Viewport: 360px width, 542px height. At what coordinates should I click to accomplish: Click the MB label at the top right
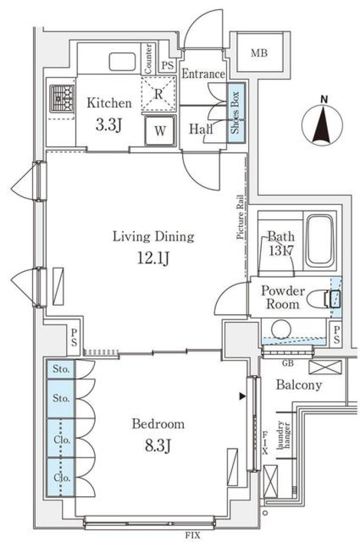pos(259,53)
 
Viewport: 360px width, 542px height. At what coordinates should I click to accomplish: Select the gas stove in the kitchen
pos(62,99)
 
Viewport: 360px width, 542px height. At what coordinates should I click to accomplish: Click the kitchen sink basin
pos(122,61)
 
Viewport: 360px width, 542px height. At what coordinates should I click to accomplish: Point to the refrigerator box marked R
pos(159,94)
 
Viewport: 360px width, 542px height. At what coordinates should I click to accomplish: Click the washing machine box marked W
pos(160,131)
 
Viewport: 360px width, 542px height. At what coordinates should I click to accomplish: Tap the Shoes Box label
pos(235,112)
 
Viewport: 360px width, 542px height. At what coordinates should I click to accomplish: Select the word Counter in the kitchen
pos(148,59)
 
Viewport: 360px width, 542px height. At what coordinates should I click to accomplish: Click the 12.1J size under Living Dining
pos(153,258)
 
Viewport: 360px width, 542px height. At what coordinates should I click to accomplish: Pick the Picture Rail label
pos(240,217)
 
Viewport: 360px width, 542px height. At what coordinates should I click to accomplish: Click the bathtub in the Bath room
pos(319,240)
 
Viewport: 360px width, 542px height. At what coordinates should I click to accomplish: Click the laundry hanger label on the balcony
pos(283,435)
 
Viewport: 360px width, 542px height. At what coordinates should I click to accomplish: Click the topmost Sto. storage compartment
pos(61,369)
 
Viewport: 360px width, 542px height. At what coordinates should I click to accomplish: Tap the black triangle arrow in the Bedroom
pos(243,396)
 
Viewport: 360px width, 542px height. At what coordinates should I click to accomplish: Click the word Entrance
pos(203,74)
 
